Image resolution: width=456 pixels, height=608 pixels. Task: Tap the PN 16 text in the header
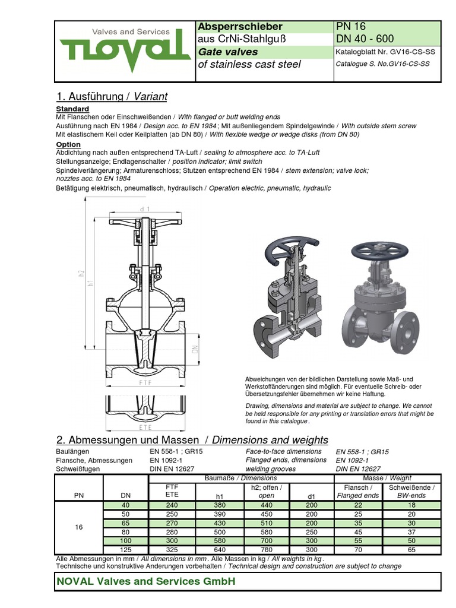[x=351, y=27]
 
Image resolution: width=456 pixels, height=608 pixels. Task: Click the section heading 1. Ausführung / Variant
[x=112, y=96]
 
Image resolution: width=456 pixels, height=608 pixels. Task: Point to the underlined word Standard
[x=72, y=109]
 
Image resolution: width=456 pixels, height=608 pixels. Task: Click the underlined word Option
[x=68, y=144]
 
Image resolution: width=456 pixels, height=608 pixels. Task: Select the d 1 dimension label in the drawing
[x=145, y=210]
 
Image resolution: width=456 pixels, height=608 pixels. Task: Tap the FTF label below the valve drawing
[x=145, y=383]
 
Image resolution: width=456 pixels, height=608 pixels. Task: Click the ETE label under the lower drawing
[x=145, y=427]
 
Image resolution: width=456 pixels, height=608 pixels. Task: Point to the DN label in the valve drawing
[x=194, y=350]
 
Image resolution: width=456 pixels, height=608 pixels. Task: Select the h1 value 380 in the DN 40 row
[x=219, y=505]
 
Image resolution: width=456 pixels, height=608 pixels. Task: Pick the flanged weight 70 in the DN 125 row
[x=357, y=550]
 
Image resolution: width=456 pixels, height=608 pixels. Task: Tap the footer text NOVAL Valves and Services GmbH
[x=145, y=581]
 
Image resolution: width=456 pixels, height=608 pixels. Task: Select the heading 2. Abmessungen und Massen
[x=132, y=440]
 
